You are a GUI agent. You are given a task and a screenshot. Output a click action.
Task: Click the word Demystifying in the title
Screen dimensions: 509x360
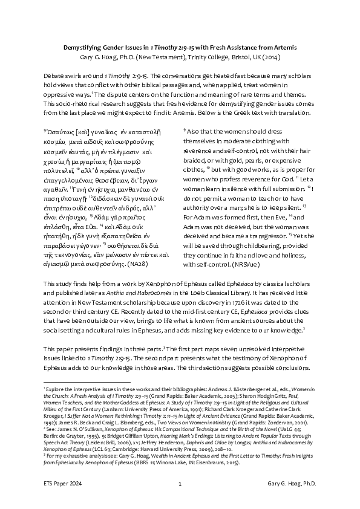coord(85,47)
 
